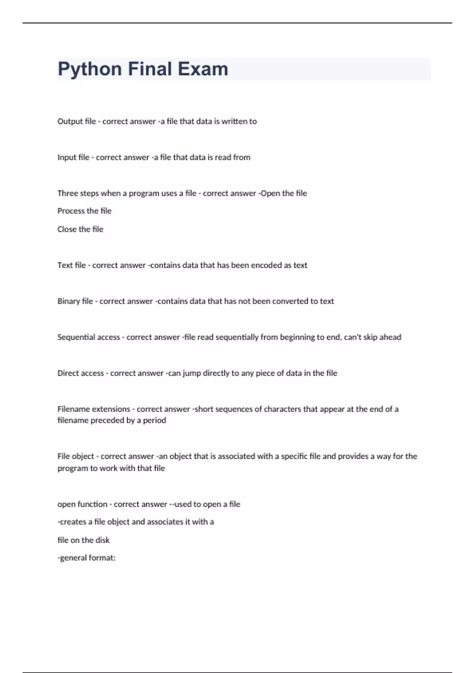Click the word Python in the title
[89, 69]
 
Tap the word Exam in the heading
[203, 69]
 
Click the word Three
[68, 193]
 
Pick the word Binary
[68, 301]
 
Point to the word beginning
[297, 337]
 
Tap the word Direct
[68, 373]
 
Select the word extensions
[111, 409]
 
